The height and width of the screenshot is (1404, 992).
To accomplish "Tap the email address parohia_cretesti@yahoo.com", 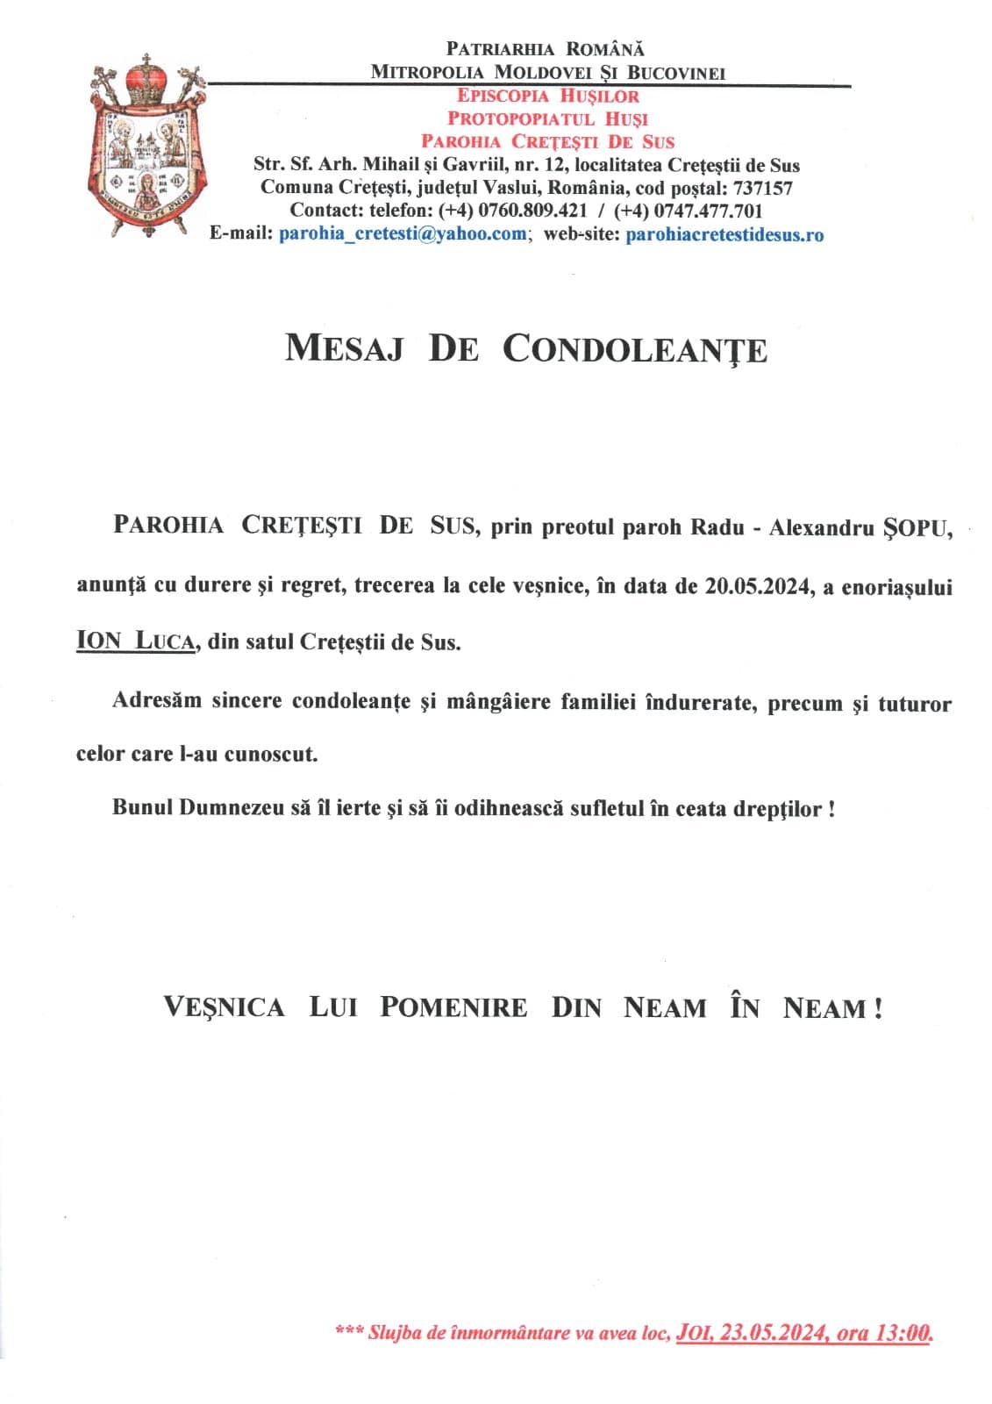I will click(x=403, y=234).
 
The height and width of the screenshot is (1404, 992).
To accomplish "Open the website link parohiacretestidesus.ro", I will click(x=724, y=235).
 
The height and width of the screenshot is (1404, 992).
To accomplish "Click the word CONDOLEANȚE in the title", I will click(x=635, y=349).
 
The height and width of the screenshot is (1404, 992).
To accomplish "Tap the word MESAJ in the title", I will click(x=345, y=348).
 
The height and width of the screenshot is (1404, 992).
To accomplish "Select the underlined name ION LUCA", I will click(x=135, y=641).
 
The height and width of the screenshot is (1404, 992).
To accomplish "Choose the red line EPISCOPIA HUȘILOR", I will click(x=548, y=97).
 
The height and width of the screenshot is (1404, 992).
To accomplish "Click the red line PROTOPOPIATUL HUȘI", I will click(x=548, y=118).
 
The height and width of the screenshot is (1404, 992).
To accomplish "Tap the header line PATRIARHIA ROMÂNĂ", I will click(x=546, y=49).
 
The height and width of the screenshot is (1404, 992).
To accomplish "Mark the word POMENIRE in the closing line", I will click(x=453, y=1007).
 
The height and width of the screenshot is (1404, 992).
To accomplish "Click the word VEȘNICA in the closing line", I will click(x=225, y=1007).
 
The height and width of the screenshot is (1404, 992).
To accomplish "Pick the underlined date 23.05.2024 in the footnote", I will click(x=773, y=1334).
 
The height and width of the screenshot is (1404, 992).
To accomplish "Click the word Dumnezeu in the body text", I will click(x=232, y=808).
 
